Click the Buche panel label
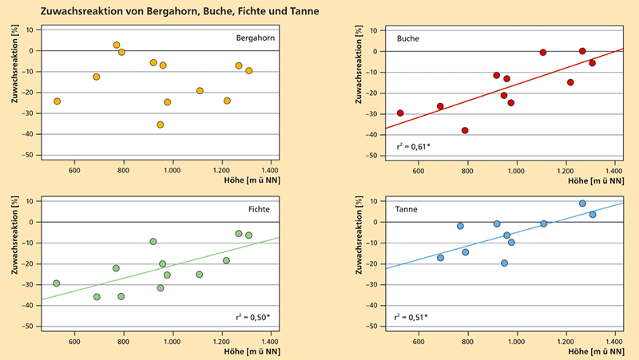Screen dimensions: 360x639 [x=409, y=38]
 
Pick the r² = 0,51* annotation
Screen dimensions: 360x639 [x=411, y=318]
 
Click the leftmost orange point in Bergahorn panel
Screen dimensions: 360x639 [x=57, y=101]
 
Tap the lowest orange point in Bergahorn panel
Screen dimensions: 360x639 [x=161, y=125]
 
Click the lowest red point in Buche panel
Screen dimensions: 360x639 [x=465, y=130]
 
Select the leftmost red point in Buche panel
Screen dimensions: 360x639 [x=400, y=113]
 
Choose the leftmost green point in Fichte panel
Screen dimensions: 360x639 [x=57, y=283]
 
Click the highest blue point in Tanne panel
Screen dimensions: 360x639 [x=582, y=204]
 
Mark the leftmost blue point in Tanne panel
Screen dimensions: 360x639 [x=440, y=258]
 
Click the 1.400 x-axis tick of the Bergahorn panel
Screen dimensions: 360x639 [x=269, y=170]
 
